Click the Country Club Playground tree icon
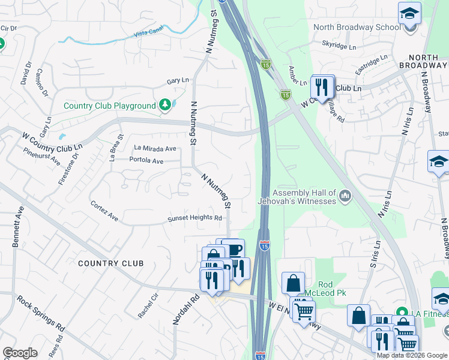(x=166, y=106)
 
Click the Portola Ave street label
(x=146, y=161)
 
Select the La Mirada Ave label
(x=155, y=148)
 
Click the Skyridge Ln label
(x=339, y=45)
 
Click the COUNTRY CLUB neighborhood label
(x=111, y=263)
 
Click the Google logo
(x=20, y=353)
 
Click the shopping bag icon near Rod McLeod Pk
(x=293, y=282)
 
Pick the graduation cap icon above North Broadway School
(x=409, y=13)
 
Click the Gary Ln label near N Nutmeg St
(x=178, y=81)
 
